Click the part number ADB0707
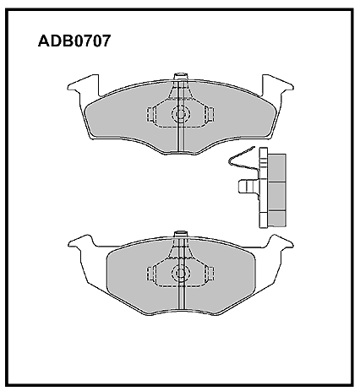[74, 41]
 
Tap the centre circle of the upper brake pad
[181, 113]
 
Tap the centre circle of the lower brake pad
[181, 273]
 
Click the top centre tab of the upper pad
[181, 77]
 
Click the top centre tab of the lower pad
[181, 234]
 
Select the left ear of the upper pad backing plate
[84, 85]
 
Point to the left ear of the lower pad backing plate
[82, 242]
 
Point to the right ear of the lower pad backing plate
[280, 242]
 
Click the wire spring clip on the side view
[243, 160]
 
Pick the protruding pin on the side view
[248, 187]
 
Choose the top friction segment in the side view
[276, 168]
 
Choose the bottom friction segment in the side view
[276, 219]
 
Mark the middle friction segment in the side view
[276, 196]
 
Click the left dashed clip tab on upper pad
[151, 115]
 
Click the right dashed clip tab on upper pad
[210, 115]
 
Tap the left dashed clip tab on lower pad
[151, 274]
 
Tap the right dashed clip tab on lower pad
[210, 274]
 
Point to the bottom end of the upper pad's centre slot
[181, 152]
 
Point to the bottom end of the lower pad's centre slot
[181, 311]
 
